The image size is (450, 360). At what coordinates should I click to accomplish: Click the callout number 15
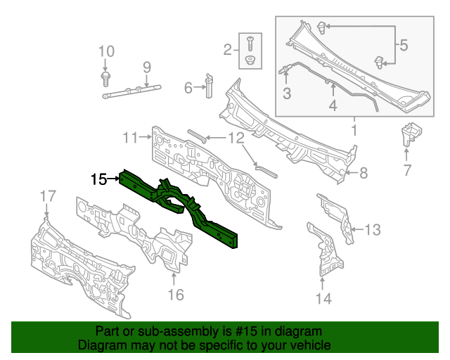(98, 179)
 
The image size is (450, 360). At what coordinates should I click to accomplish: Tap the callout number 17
(46, 195)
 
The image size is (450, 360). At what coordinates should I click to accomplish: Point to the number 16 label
(176, 294)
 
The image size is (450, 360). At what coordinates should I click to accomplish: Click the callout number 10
(105, 51)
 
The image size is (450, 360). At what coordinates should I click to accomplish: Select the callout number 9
(147, 67)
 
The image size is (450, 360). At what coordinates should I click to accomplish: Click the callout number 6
(188, 88)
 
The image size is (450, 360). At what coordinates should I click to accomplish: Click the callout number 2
(227, 49)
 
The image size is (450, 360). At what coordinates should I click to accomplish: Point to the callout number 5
(404, 46)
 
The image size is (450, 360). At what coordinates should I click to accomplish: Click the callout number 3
(287, 94)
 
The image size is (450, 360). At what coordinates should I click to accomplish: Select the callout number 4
(333, 105)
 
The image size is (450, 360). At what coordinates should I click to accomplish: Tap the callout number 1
(354, 130)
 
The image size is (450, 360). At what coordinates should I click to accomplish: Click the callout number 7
(407, 169)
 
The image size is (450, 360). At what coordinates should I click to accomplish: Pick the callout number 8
(364, 172)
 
